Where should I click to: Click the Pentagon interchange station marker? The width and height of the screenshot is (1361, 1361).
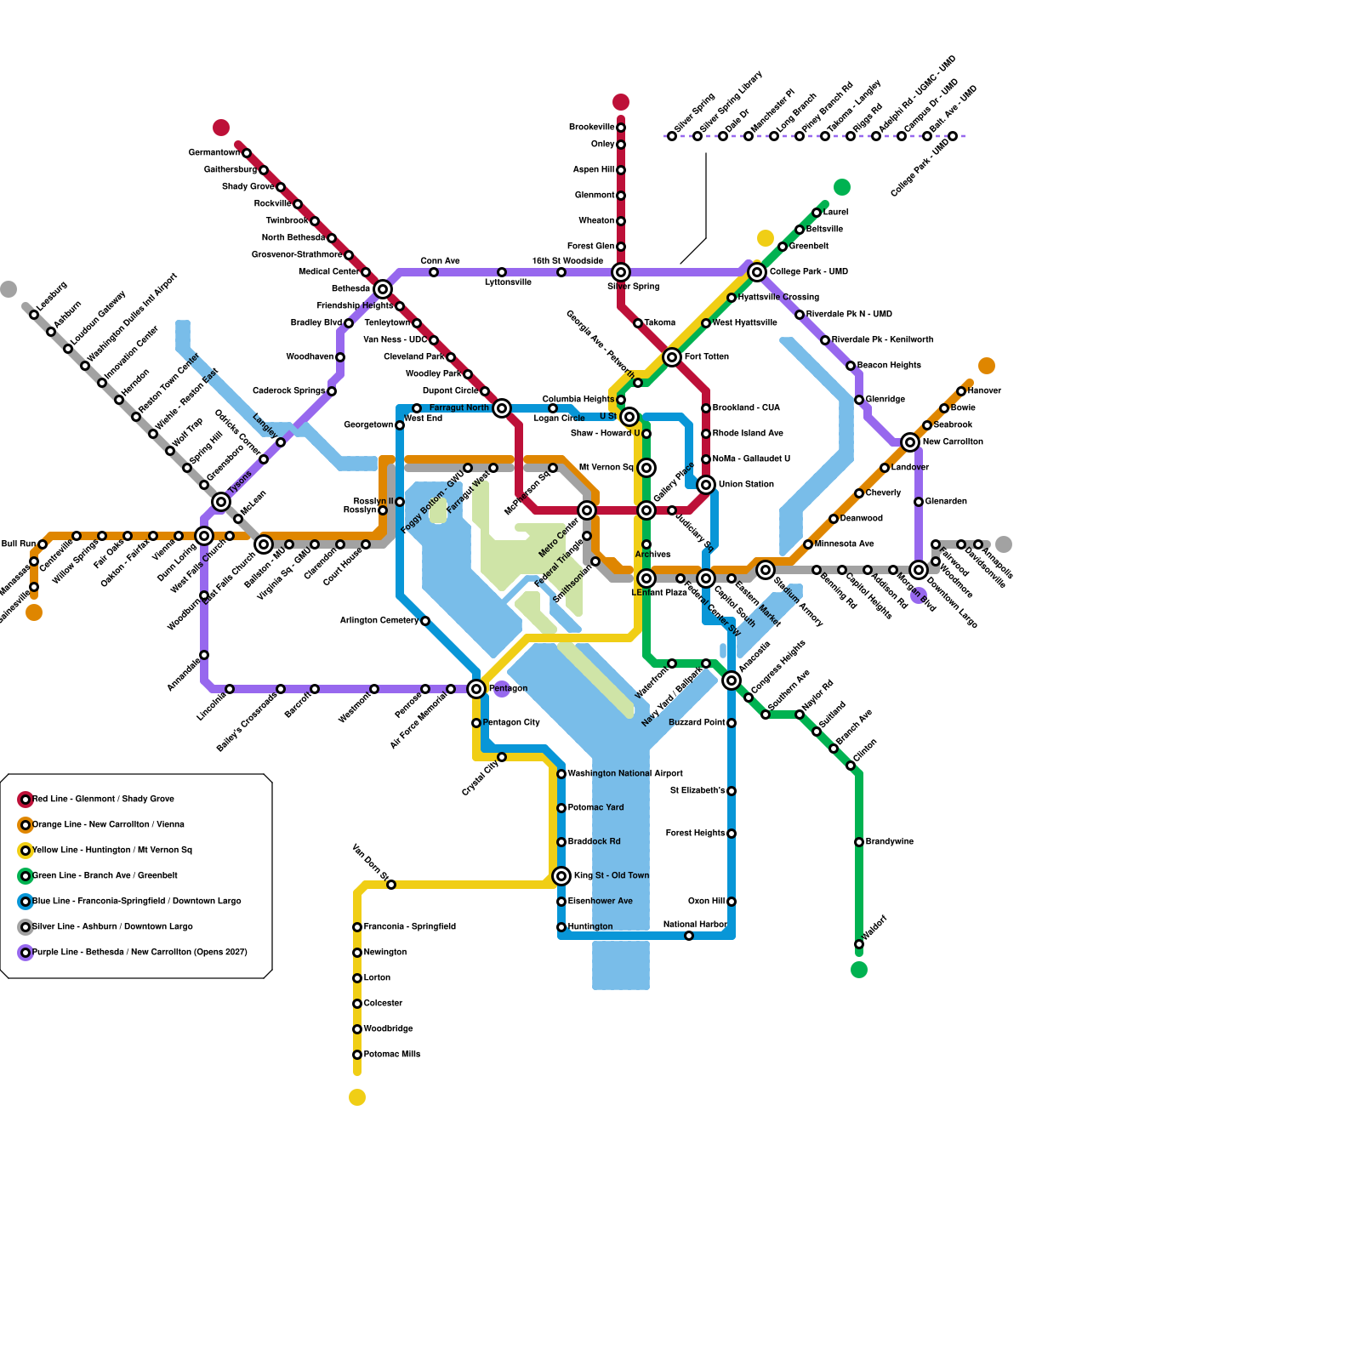(x=476, y=689)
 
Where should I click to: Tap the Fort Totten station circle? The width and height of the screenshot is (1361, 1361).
(x=672, y=357)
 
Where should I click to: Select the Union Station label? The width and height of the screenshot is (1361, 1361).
(x=746, y=485)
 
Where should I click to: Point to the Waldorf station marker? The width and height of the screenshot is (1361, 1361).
(x=859, y=944)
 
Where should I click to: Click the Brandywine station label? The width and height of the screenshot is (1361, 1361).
(x=890, y=842)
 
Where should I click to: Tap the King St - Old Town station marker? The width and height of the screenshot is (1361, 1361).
(x=561, y=876)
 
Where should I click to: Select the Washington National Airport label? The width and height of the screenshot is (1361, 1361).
(x=625, y=774)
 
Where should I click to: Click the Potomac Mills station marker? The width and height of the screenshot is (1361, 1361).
(x=357, y=1055)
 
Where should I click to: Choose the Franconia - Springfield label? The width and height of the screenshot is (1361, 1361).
(x=410, y=927)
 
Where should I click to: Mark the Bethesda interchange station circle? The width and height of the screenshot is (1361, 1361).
(x=383, y=289)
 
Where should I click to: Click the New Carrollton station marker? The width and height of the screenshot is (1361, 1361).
(x=910, y=442)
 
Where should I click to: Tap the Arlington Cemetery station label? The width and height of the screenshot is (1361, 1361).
(x=379, y=621)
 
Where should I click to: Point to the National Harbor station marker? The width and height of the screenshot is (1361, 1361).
(x=689, y=936)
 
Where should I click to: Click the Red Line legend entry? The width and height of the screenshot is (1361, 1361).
(x=103, y=800)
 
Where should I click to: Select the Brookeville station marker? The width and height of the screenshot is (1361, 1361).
(x=621, y=128)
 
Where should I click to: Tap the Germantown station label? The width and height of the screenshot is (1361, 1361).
(x=214, y=153)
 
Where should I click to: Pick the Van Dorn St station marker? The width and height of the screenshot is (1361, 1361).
(x=391, y=885)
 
